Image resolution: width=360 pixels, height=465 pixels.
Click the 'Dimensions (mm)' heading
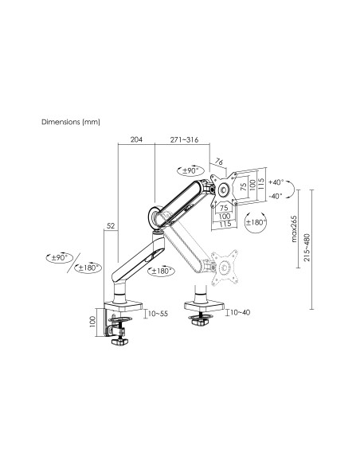pyautogui.click(x=70, y=123)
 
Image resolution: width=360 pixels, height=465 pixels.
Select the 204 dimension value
pyautogui.click(x=136, y=139)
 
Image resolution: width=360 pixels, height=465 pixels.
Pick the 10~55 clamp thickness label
pyautogui.click(x=158, y=313)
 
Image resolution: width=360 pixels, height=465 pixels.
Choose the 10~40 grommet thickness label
pyautogui.click(x=239, y=313)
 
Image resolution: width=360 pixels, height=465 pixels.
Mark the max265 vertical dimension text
pyautogui.click(x=293, y=229)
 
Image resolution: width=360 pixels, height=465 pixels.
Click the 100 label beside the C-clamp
pyautogui.click(x=92, y=321)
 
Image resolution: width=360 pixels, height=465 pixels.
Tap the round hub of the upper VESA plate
pyautogui.click(x=224, y=190)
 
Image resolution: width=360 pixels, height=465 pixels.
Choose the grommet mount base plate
pyautogui.click(x=202, y=303)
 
